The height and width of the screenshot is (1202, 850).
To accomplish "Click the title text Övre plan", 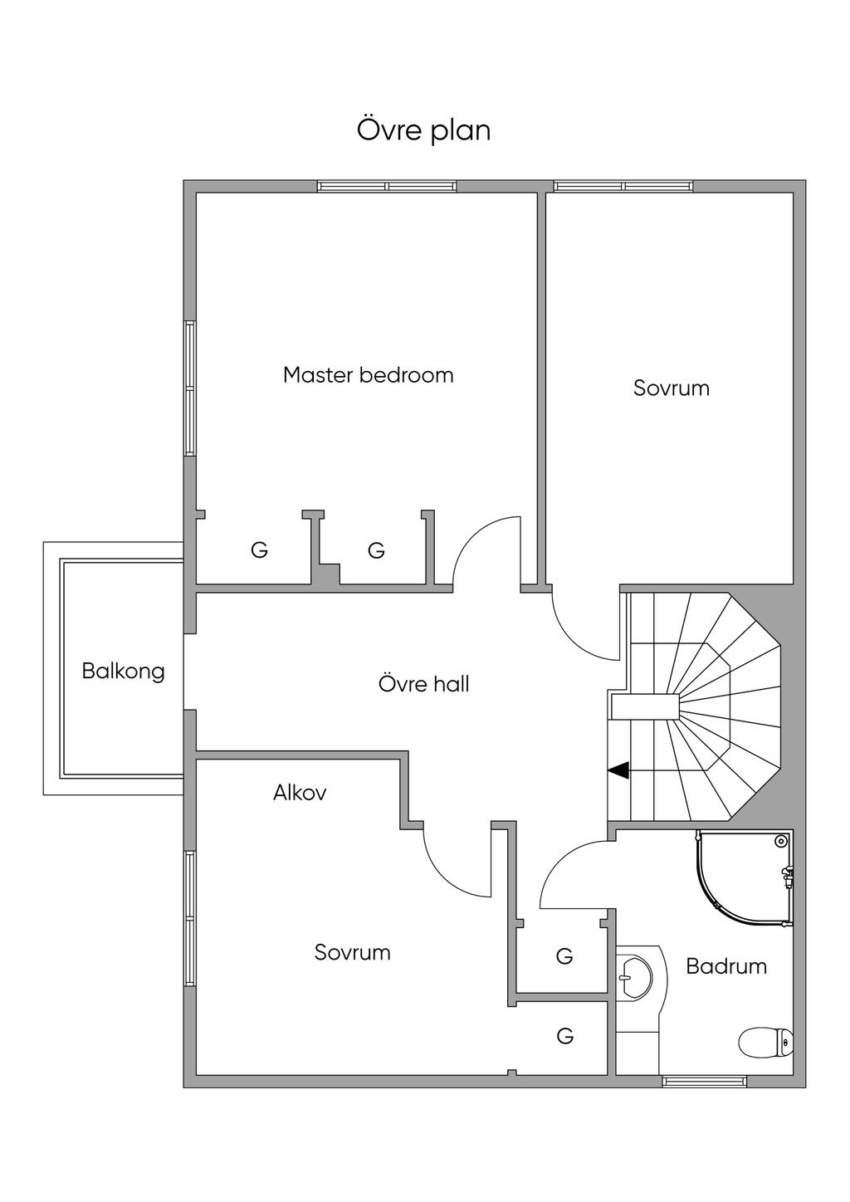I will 423,130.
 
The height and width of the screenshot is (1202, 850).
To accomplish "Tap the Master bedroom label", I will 368,375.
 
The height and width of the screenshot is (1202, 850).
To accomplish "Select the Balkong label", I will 123,671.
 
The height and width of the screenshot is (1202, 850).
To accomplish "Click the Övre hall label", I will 423,684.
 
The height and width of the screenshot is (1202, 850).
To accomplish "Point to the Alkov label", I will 300,793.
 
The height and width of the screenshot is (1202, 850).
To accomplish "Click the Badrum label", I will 726,966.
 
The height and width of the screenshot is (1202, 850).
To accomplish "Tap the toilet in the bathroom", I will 765,1042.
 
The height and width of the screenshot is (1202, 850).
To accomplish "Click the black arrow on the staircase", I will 618,770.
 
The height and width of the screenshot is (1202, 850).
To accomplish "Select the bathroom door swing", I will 573,872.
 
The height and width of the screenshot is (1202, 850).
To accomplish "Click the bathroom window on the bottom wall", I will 704,1081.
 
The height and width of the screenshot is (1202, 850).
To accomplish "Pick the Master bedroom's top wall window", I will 387,187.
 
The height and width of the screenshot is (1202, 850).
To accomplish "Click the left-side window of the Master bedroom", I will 190,388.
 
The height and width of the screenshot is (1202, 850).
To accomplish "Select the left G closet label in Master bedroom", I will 259,550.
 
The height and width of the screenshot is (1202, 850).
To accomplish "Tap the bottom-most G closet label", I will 565,1036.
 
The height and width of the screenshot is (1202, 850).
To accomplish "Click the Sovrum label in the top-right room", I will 671,388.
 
